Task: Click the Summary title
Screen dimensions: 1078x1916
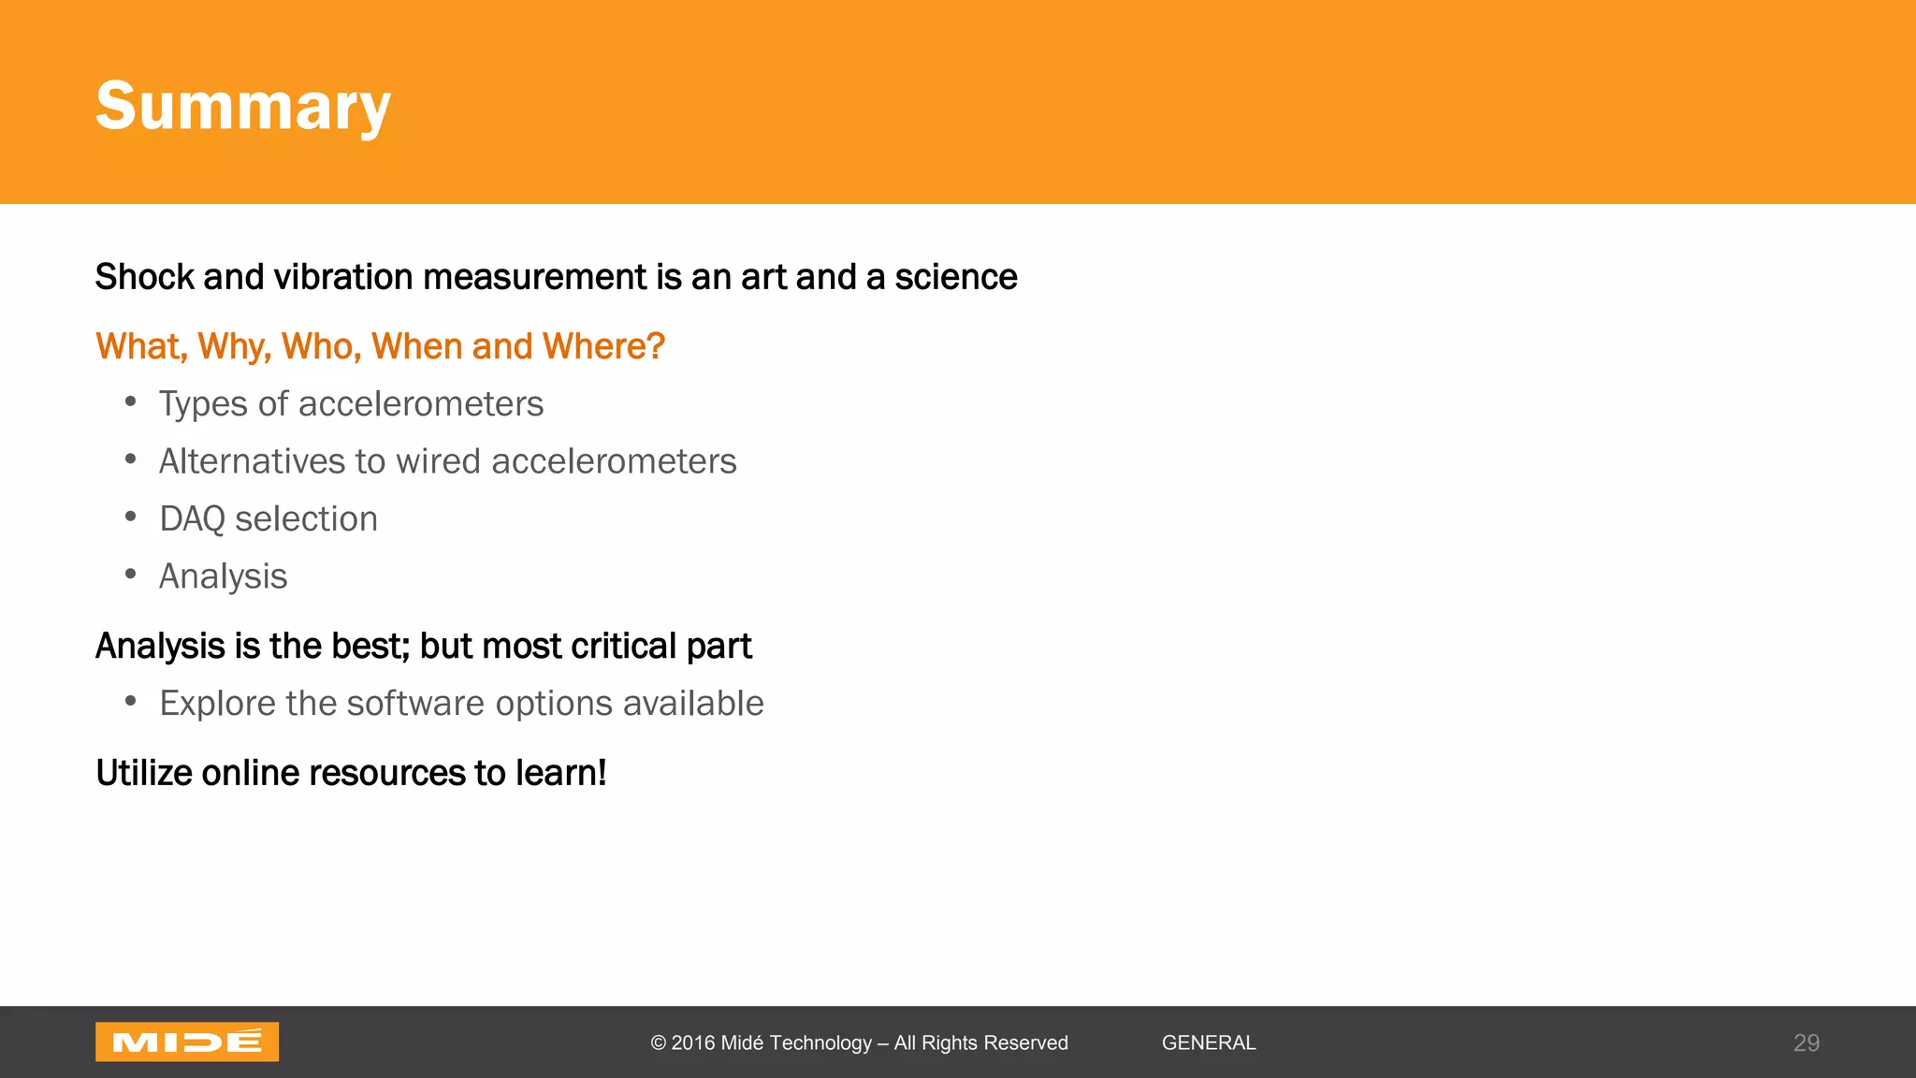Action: tap(242, 106)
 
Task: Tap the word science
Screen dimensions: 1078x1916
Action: tap(955, 277)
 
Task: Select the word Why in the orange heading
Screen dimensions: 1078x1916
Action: tap(233, 346)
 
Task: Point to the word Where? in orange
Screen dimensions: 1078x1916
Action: tap(603, 346)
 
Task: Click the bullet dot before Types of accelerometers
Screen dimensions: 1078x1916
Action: tap(131, 402)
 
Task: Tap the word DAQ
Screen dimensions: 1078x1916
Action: tap(192, 519)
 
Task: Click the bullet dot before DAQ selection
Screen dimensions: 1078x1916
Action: tap(131, 517)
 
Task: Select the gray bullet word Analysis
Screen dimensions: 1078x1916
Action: tap(223, 576)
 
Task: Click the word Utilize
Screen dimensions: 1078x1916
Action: tap(143, 773)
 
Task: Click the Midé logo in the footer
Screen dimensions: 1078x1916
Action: tap(187, 1042)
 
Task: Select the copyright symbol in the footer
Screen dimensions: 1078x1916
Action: tap(659, 1043)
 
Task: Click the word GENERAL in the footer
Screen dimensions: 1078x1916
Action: tap(1208, 1043)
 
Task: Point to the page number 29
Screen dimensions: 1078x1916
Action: tap(1806, 1043)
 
